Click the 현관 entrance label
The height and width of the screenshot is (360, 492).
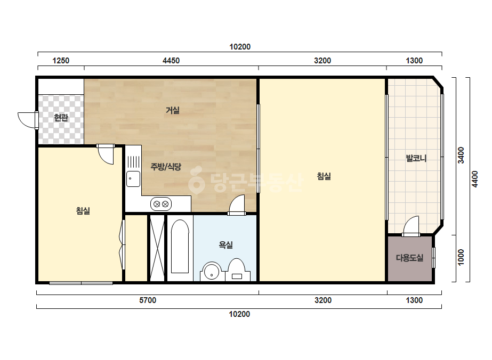click(x=61, y=118)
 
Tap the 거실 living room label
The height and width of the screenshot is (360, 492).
click(x=173, y=110)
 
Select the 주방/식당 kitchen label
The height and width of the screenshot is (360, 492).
click(x=166, y=167)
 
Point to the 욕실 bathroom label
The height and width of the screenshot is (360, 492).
click(x=225, y=244)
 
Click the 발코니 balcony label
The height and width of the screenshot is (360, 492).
click(x=416, y=158)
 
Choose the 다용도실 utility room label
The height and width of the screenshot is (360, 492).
click(x=409, y=258)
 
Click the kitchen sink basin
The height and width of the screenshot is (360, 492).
click(x=133, y=179)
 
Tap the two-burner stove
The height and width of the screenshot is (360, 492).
click(x=161, y=204)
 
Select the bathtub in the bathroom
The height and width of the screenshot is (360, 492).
click(x=180, y=246)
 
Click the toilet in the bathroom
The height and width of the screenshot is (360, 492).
click(x=237, y=269)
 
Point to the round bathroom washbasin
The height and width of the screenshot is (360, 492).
click(x=212, y=272)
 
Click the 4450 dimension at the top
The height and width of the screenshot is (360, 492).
click(x=171, y=61)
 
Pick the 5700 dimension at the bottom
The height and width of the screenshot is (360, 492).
click(x=148, y=300)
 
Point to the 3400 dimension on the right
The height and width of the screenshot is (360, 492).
click(x=461, y=155)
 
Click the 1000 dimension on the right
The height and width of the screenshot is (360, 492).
click(x=461, y=257)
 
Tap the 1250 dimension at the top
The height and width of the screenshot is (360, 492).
click(x=61, y=61)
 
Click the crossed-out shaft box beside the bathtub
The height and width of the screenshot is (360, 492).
click(x=157, y=248)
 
